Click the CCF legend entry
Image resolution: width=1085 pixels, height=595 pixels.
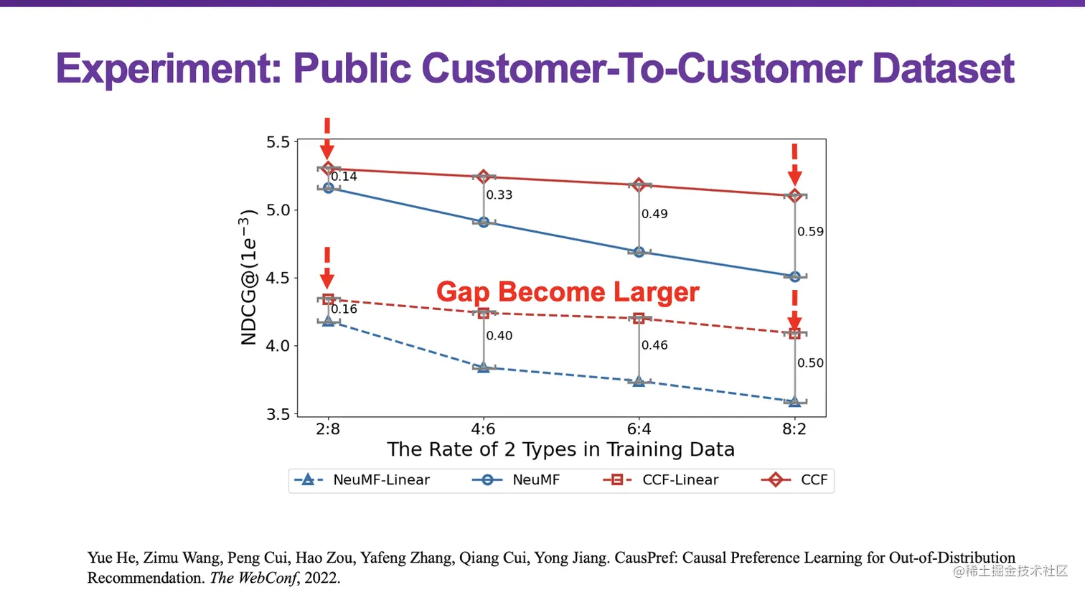pyautogui.click(x=795, y=479)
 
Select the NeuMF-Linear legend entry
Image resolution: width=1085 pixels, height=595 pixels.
pyautogui.click(x=362, y=479)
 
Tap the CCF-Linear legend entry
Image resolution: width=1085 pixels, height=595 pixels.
pyautogui.click(x=661, y=479)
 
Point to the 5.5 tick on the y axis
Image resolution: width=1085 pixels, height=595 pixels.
pyautogui.click(x=278, y=142)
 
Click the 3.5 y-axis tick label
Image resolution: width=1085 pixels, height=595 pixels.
pyautogui.click(x=278, y=414)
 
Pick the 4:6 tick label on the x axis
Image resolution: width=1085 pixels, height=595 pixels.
pyautogui.click(x=483, y=429)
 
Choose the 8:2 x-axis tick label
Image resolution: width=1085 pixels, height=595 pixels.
pyautogui.click(x=794, y=429)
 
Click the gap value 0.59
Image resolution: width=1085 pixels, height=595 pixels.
pyautogui.click(x=810, y=232)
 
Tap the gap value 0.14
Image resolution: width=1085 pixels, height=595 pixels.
pyautogui.click(x=344, y=177)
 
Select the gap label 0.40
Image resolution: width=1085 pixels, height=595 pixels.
pyautogui.click(x=499, y=336)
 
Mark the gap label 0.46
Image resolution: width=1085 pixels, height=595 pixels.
pyautogui.click(x=654, y=345)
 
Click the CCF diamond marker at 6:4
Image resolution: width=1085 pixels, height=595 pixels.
pyautogui.click(x=639, y=185)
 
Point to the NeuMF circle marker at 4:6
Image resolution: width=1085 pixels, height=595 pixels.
pyautogui.click(x=484, y=222)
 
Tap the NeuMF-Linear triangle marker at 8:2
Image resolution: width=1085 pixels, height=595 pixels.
pyautogui.click(x=794, y=401)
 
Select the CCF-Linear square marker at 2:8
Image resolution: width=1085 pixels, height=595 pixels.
pyautogui.click(x=328, y=299)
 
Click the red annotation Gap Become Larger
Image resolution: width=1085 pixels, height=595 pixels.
pyautogui.click(x=568, y=292)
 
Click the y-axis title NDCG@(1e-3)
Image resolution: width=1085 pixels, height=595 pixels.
pyautogui.click(x=248, y=277)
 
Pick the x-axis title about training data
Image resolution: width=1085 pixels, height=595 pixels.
pyautogui.click(x=560, y=449)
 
